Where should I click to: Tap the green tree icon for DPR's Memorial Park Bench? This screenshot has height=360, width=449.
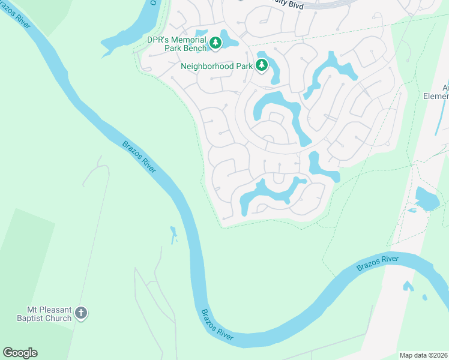click(215, 43)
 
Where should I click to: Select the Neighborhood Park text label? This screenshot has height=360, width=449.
click(216, 66)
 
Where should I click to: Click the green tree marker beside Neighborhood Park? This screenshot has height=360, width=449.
click(262, 65)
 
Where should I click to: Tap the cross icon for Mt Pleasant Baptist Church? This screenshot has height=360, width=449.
click(81, 313)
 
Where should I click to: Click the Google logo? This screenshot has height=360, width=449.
click(20, 353)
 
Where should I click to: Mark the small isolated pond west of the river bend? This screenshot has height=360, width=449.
click(173, 235)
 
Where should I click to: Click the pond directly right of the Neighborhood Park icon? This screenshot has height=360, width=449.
click(274, 71)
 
